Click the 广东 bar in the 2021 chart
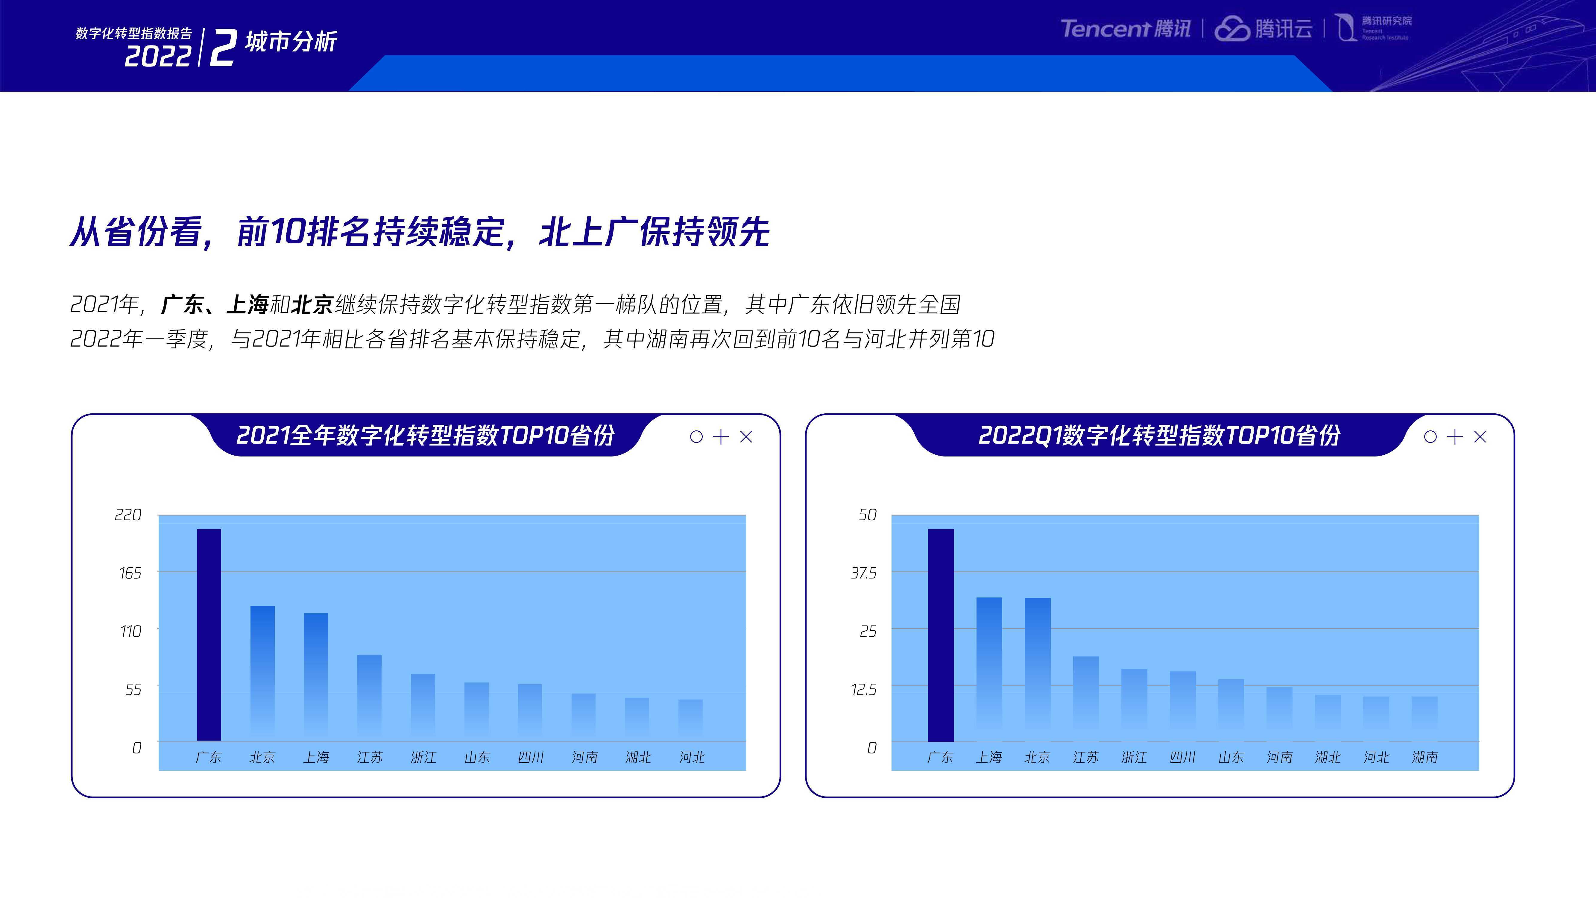point(209,635)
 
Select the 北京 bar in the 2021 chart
point(262,673)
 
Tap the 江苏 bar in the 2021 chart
point(369,698)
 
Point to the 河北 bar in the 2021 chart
point(690,720)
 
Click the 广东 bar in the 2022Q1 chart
point(941,635)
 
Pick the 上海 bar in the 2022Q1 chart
point(989,669)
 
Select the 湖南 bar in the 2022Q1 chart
point(1425,719)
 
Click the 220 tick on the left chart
point(128,515)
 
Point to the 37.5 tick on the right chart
point(864,573)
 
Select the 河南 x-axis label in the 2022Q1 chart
point(1279,757)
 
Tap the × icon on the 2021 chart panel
point(746,437)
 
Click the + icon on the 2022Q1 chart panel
point(1455,437)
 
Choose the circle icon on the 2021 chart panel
point(696,437)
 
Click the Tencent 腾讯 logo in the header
point(1125,28)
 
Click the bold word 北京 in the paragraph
point(313,304)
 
